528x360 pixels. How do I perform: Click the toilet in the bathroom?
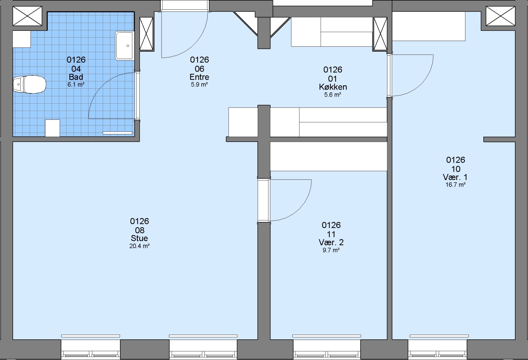click(x=29, y=84)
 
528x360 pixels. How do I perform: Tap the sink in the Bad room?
click(x=124, y=46)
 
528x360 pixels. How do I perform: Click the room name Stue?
click(x=139, y=238)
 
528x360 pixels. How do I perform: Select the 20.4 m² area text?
click(x=139, y=246)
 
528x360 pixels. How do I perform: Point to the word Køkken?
click(x=333, y=87)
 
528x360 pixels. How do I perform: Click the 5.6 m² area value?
click(x=333, y=95)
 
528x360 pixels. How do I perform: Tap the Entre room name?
click(x=199, y=77)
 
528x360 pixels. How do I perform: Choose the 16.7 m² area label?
click(x=455, y=185)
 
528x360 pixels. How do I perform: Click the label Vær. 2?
click(x=331, y=242)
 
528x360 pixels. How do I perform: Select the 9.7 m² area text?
click(x=331, y=250)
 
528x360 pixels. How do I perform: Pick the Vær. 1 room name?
click(x=455, y=177)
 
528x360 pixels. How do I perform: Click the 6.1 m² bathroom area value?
click(x=76, y=85)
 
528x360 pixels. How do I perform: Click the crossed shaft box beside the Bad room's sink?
click(x=146, y=34)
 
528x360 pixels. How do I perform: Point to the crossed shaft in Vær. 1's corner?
click(x=501, y=16)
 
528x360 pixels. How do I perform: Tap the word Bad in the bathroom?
click(x=76, y=77)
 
